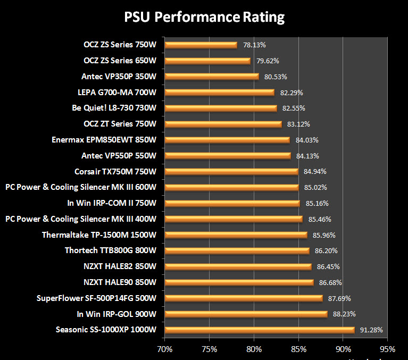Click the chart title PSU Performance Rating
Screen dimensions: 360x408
coord(204,17)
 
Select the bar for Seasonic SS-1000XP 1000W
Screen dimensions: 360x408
coord(260,330)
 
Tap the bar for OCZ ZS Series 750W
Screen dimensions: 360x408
coord(201,45)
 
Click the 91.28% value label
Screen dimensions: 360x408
coord(371,330)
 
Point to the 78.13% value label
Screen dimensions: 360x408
coord(254,45)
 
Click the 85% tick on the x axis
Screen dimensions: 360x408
coord(298,349)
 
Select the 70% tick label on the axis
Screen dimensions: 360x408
coord(165,349)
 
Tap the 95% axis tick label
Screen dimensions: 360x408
coord(387,349)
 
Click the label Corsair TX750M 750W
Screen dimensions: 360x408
coord(115,172)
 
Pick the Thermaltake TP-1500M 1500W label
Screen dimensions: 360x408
coord(99,235)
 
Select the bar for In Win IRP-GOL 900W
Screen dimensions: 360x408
coord(246,314)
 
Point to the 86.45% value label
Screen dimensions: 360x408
coord(329,266)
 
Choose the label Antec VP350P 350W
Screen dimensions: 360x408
coord(119,77)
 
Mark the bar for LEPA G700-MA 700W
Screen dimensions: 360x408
coord(220,93)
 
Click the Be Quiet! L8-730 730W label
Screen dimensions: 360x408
coord(114,108)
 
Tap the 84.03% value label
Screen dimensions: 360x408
coord(307,140)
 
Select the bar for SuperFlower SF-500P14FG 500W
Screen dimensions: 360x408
coord(244,298)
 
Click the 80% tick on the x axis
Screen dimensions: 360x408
coord(254,349)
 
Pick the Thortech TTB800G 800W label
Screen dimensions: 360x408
coord(111,250)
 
